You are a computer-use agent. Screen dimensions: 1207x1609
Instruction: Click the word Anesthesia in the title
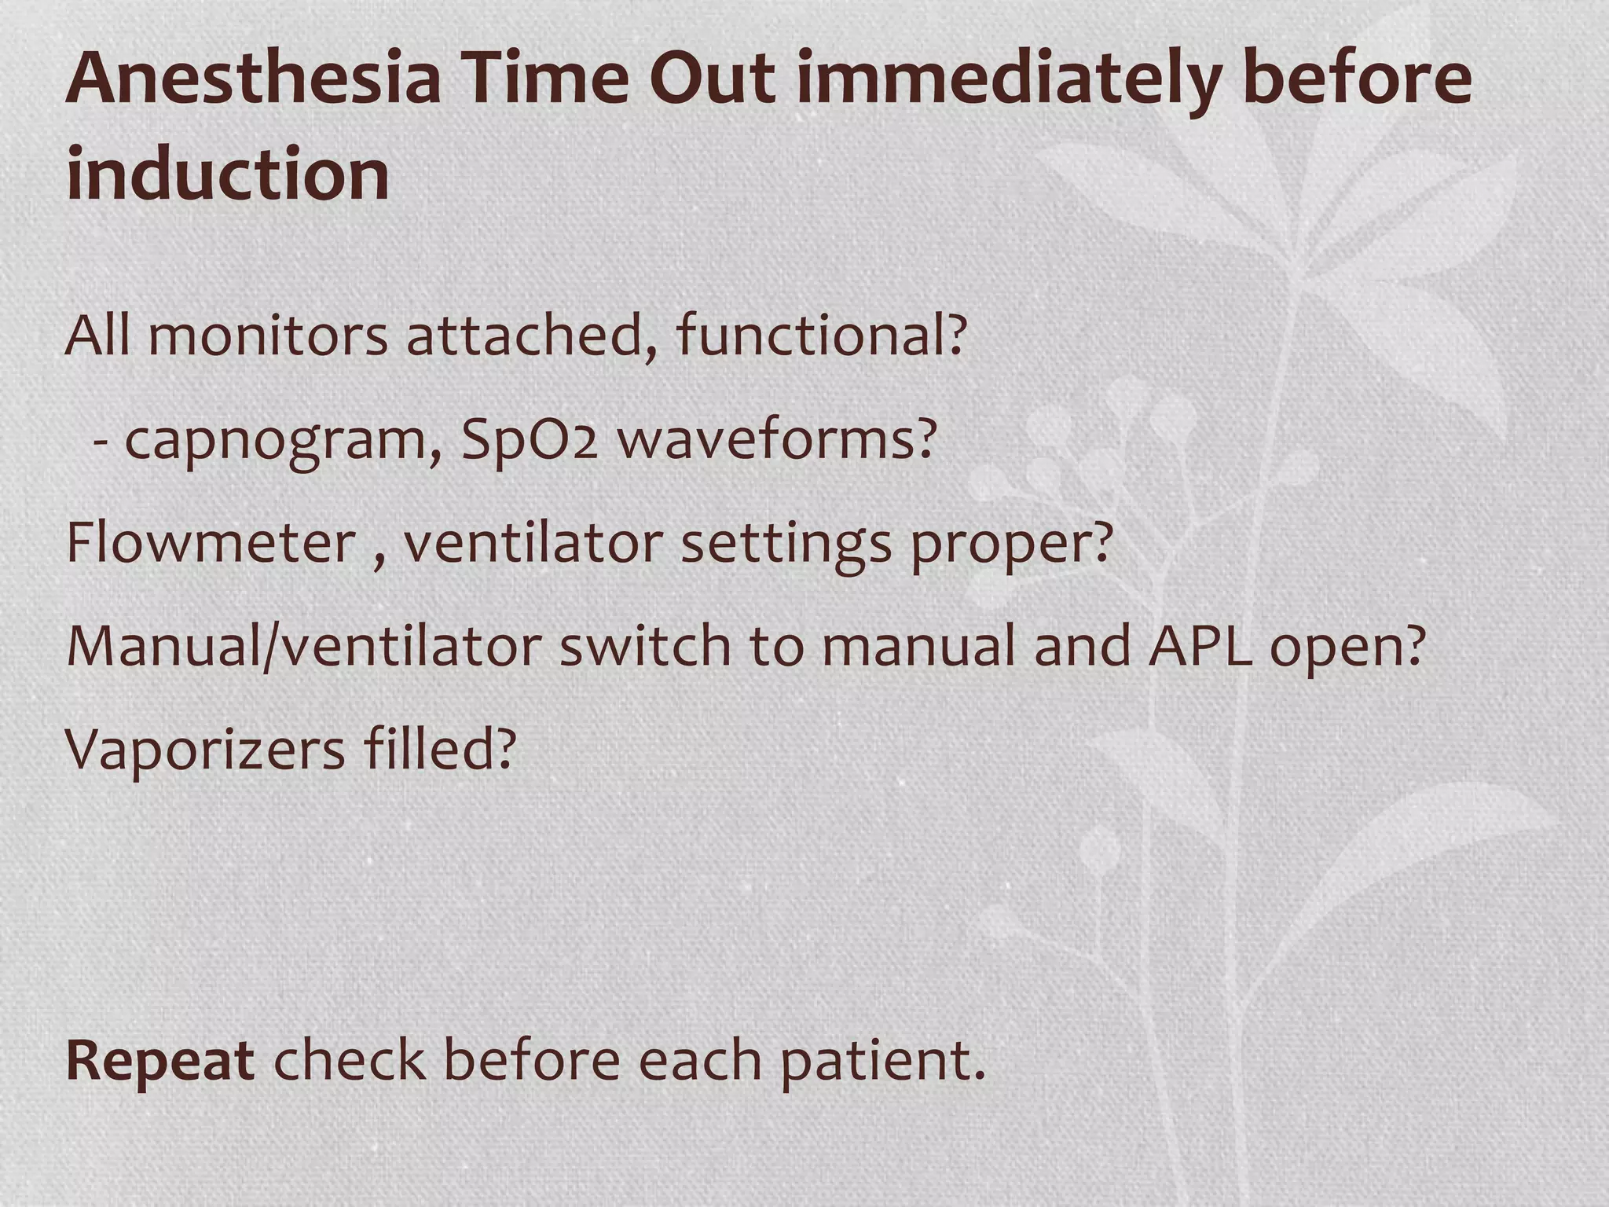(252, 79)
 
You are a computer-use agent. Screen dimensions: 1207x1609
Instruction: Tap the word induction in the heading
(228, 174)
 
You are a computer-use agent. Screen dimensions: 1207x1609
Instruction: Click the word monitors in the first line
(267, 336)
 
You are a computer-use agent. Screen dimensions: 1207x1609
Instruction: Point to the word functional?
(820, 336)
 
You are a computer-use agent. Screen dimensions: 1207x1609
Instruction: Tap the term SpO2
(530, 440)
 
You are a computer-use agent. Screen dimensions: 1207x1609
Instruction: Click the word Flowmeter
(211, 543)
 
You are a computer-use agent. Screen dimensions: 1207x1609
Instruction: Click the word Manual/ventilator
(304, 647)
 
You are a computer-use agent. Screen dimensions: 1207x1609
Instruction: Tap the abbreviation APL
(1199, 647)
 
